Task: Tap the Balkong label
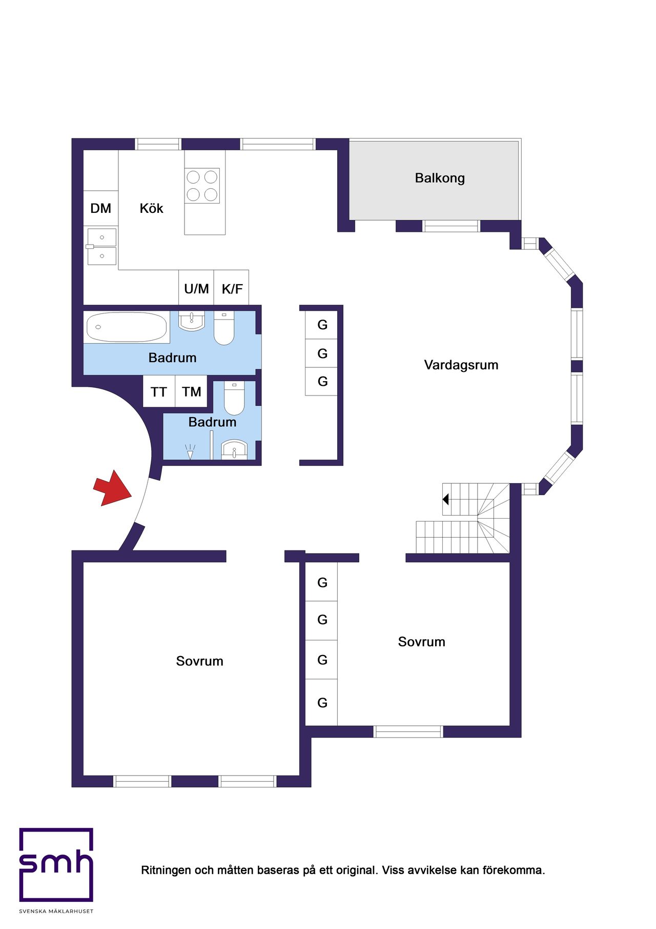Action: tap(440, 179)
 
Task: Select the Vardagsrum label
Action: tap(461, 365)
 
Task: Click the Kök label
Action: tap(151, 208)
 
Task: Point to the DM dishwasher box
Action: tap(101, 208)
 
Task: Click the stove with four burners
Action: tap(202, 186)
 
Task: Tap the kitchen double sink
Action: tap(101, 247)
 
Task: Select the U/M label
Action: tap(196, 289)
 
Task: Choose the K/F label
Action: tap(232, 289)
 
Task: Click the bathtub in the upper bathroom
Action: tap(127, 327)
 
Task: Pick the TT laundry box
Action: tap(159, 391)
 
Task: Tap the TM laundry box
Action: tap(191, 391)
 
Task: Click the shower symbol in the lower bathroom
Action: tap(190, 451)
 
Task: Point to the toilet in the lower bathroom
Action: tap(234, 398)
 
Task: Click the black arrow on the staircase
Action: tap(446, 499)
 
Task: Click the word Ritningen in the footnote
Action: tap(166, 871)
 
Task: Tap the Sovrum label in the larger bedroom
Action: tap(200, 661)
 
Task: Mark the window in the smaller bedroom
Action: tap(408, 732)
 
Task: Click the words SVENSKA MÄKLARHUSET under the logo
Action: tap(56, 911)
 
